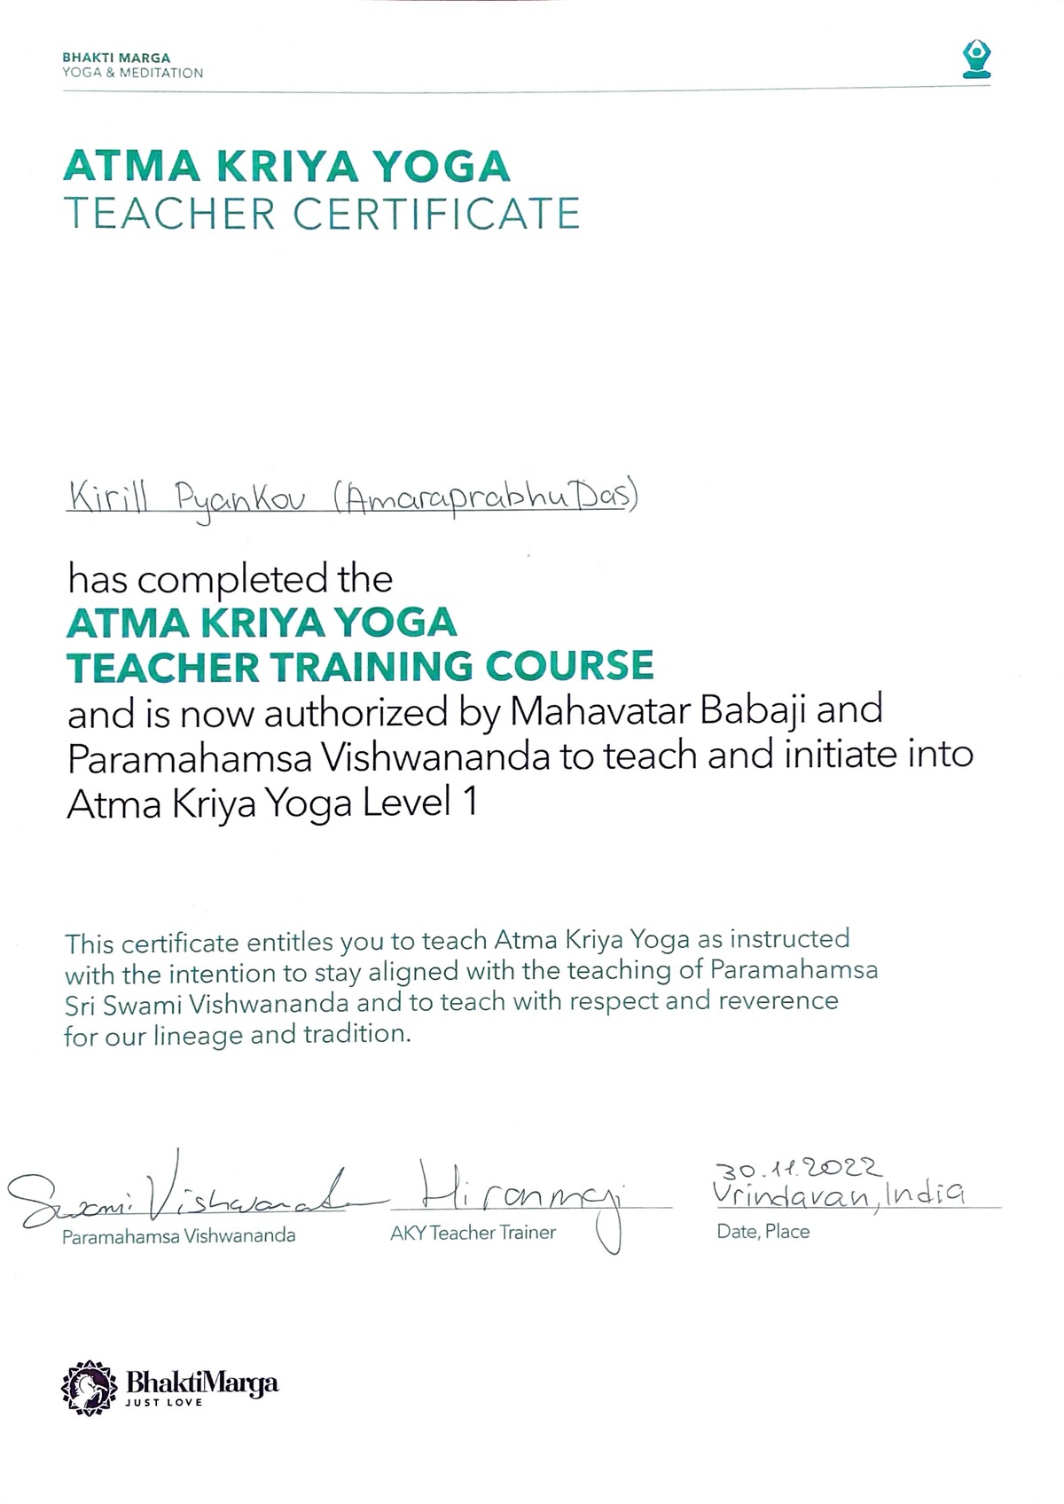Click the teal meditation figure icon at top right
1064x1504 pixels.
coord(976,59)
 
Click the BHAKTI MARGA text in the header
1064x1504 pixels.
coord(116,58)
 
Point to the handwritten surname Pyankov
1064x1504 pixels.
coord(240,502)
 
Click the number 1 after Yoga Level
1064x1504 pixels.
coord(469,803)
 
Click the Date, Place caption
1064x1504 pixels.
coord(763,1232)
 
